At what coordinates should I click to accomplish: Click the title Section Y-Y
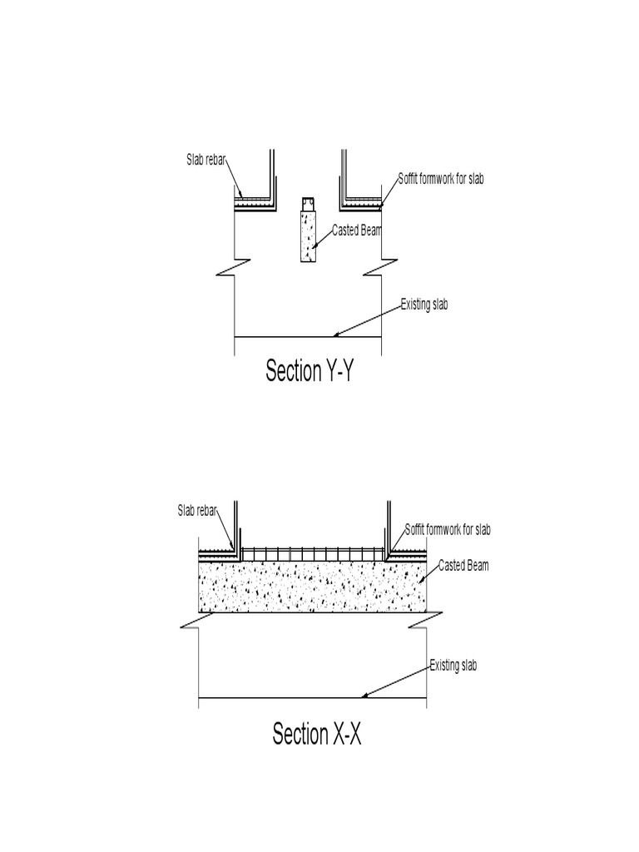pyautogui.click(x=310, y=371)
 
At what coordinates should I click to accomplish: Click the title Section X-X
pyautogui.click(x=316, y=735)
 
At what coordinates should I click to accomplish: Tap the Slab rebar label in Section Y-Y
pyautogui.click(x=206, y=160)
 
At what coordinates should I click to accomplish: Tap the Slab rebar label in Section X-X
pyautogui.click(x=197, y=511)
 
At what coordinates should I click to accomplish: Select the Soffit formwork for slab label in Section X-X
pyautogui.click(x=448, y=529)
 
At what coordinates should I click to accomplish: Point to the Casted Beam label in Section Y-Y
pyautogui.click(x=356, y=230)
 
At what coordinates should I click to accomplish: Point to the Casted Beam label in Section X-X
pyautogui.click(x=463, y=566)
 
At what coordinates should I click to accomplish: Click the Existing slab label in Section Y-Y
pyautogui.click(x=424, y=305)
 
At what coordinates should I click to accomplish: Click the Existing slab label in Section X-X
pyautogui.click(x=453, y=666)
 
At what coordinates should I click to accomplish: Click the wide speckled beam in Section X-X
pyautogui.click(x=312, y=587)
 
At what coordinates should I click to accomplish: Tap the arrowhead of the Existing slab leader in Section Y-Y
pyautogui.click(x=335, y=335)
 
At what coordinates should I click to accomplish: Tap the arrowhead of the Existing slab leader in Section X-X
pyautogui.click(x=363, y=696)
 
